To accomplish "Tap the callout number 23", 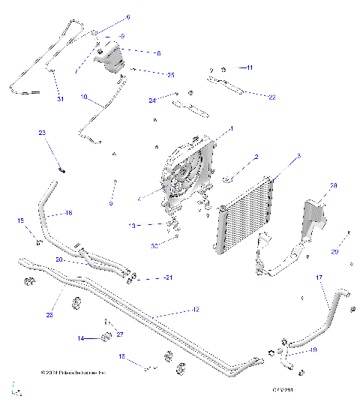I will pos(42,133).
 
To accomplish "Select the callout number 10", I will pos(83,97).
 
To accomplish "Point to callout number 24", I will pos(152,100).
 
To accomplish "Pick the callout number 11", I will pos(250,67).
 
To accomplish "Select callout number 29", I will pos(334,253).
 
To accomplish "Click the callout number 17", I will pos(319,277).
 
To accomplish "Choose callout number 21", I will pos(168,277).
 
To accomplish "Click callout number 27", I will pos(119,334).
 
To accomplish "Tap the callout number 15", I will pos(21,220).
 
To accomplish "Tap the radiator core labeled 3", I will pos(241,214).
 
